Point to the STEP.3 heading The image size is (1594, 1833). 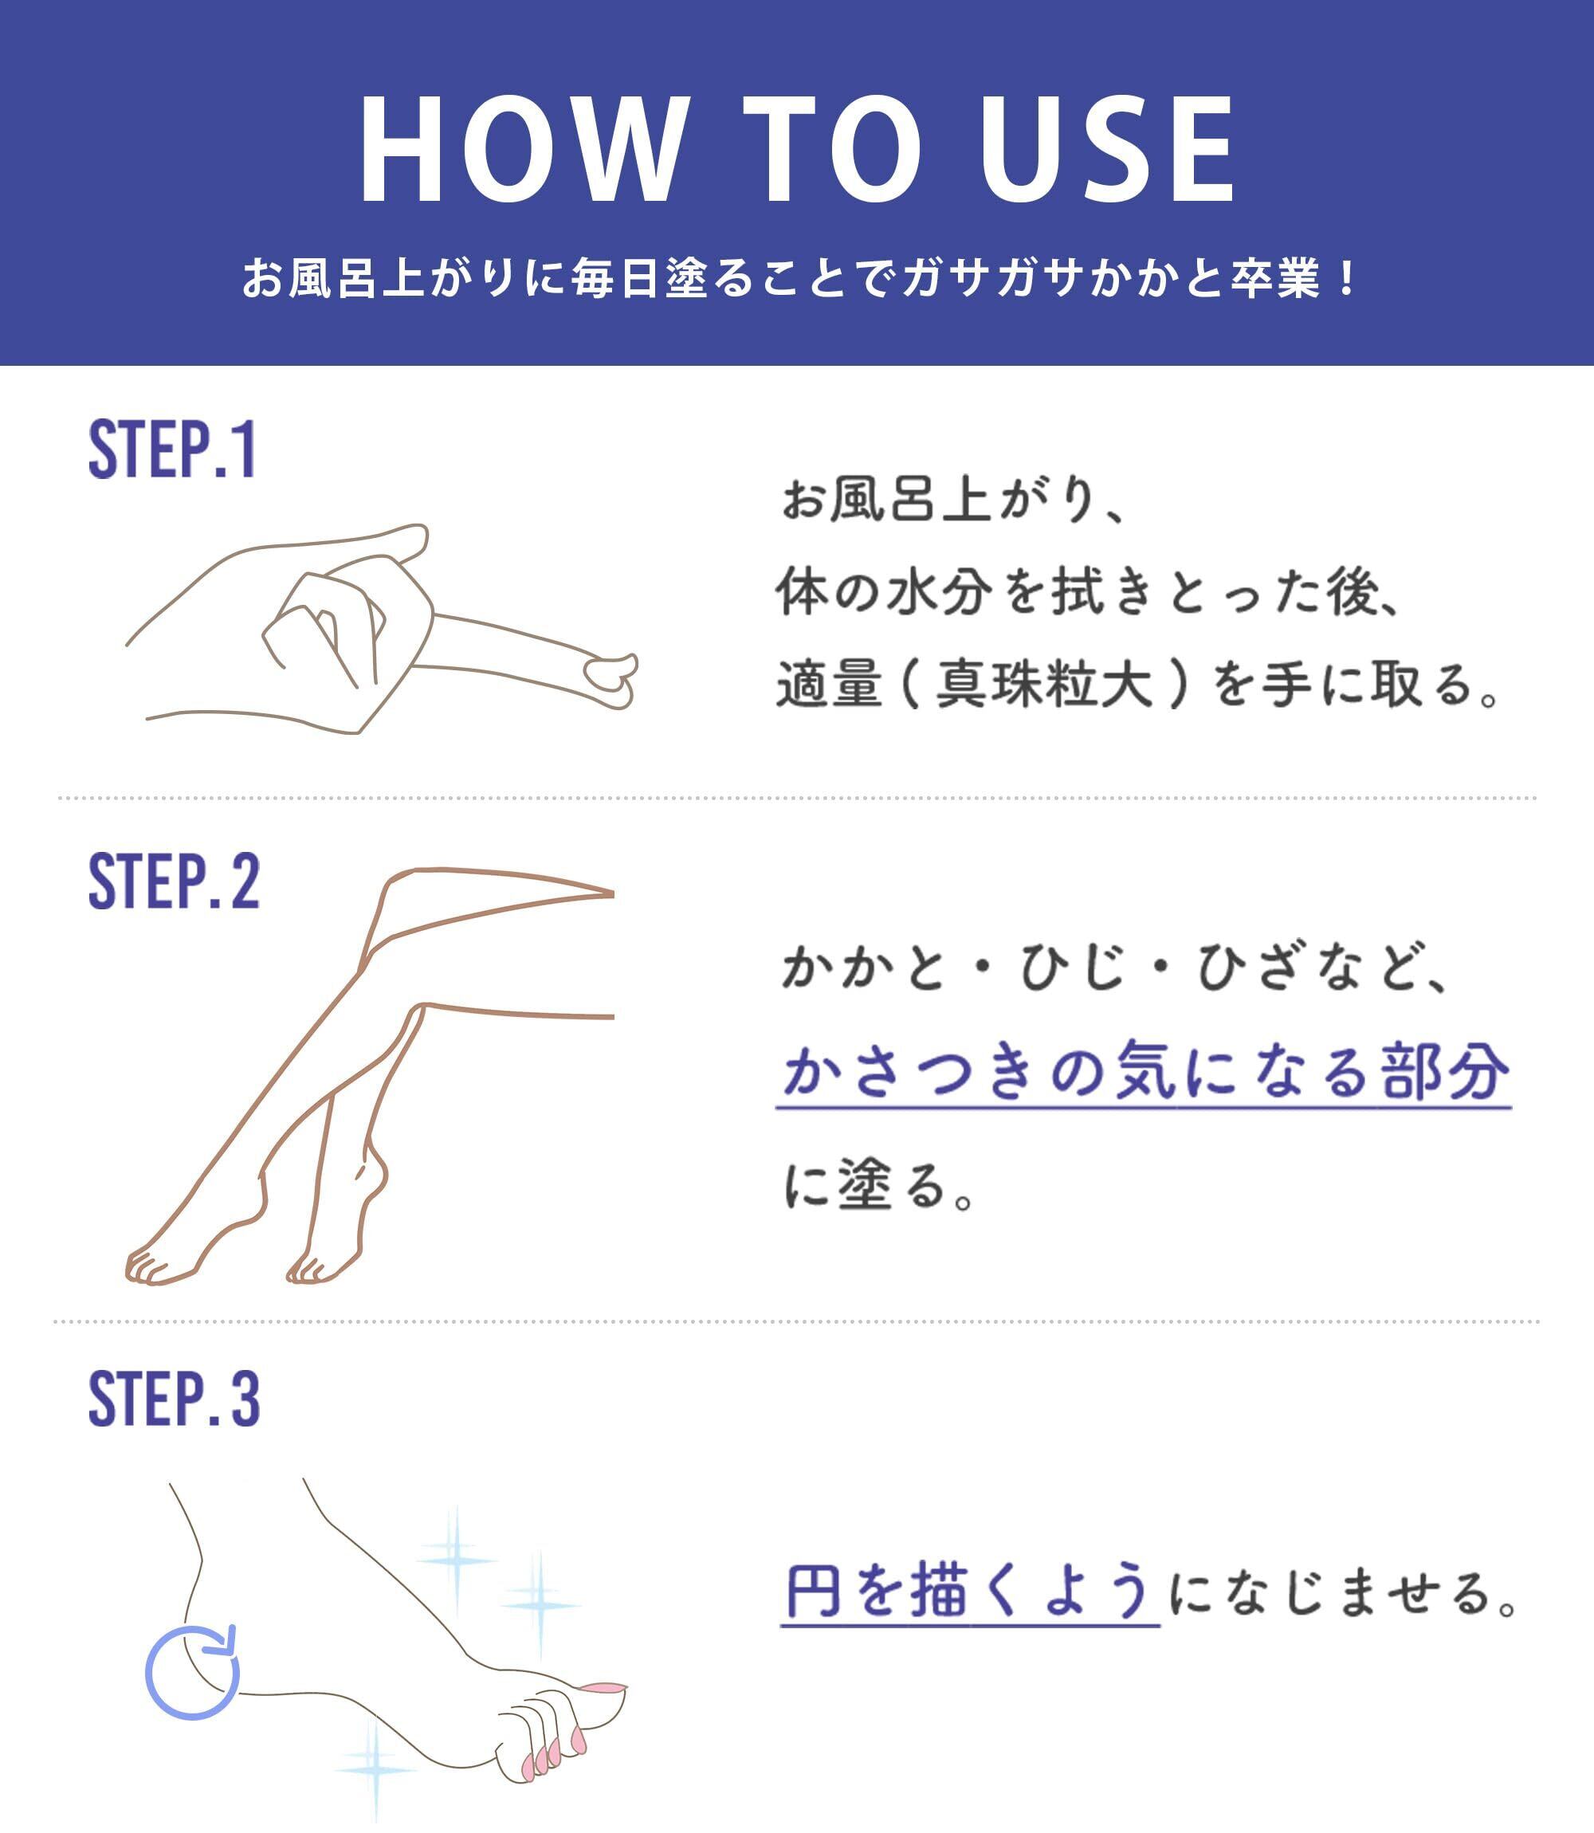(175, 1399)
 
